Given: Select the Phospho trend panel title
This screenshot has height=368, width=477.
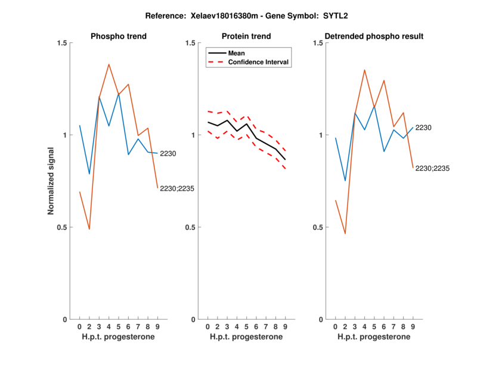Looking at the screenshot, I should tap(119, 36).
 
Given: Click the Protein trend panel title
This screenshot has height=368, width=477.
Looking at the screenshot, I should tap(246, 36).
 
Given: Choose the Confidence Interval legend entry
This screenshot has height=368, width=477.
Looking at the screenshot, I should tap(258, 62).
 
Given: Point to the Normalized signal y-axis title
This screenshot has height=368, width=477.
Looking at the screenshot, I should tap(52, 181).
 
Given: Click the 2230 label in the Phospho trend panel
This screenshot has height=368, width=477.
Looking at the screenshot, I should tap(168, 154).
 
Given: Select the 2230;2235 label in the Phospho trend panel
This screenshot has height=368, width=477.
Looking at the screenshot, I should tap(177, 189).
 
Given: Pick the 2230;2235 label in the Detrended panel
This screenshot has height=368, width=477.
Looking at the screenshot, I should tap(432, 169).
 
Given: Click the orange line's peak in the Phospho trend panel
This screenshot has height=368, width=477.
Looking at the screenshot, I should tap(109, 64).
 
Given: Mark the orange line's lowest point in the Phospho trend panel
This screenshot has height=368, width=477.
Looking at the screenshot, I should tap(89, 229).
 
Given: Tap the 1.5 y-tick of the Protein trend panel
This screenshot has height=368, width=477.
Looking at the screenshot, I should tap(191, 43).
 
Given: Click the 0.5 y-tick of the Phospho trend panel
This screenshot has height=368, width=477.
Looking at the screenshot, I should tap(63, 227).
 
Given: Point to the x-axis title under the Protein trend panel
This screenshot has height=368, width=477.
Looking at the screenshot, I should tap(246, 337).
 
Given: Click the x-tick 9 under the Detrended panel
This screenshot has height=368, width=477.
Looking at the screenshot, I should tap(413, 327).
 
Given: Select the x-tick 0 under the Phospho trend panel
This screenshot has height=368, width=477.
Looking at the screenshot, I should tap(79, 327).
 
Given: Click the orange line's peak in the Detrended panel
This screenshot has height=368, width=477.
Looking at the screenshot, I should tap(364, 70).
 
